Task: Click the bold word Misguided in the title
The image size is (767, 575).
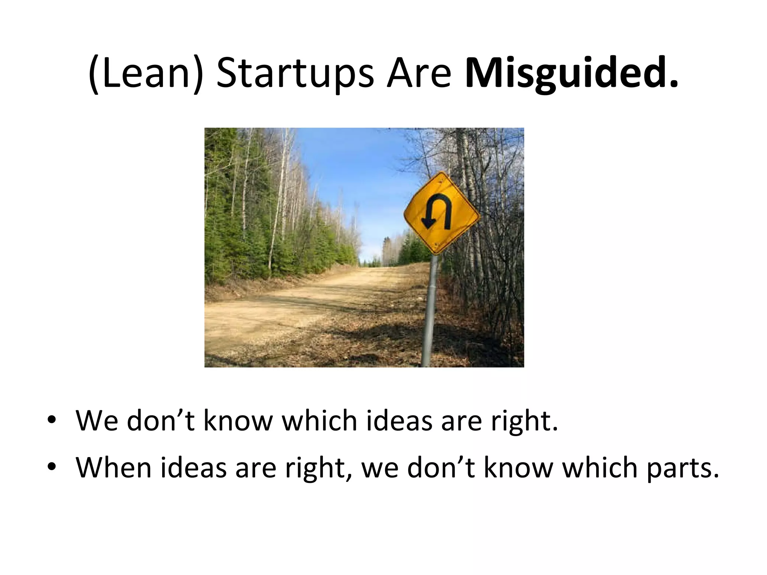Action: tap(566, 73)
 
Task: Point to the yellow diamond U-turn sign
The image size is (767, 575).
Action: tap(442, 213)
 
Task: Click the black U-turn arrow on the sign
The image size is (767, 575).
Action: tap(436, 212)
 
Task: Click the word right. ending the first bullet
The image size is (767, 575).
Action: tap(524, 422)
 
